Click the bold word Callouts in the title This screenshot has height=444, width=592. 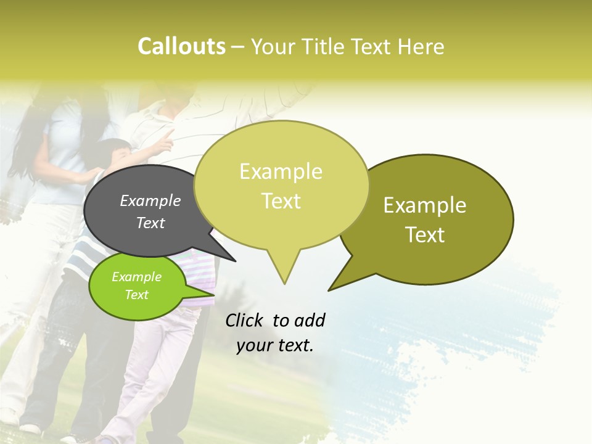click(x=181, y=46)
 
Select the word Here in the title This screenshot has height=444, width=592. click(x=421, y=47)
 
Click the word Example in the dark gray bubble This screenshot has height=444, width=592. click(x=150, y=200)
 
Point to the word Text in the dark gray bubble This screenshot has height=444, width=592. click(x=150, y=223)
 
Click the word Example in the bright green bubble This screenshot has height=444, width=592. click(x=136, y=277)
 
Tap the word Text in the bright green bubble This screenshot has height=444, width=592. click(x=136, y=295)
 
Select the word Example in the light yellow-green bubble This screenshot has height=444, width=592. click(x=281, y=171)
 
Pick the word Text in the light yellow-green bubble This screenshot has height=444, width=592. click(x=281, y=201)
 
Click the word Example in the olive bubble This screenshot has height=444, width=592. click(x=425, y=205)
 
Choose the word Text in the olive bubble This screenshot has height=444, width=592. click(x=425, y=235)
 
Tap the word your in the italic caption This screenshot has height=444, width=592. click(x=253, y=345)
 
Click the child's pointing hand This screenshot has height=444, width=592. click(x=165, y=142)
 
